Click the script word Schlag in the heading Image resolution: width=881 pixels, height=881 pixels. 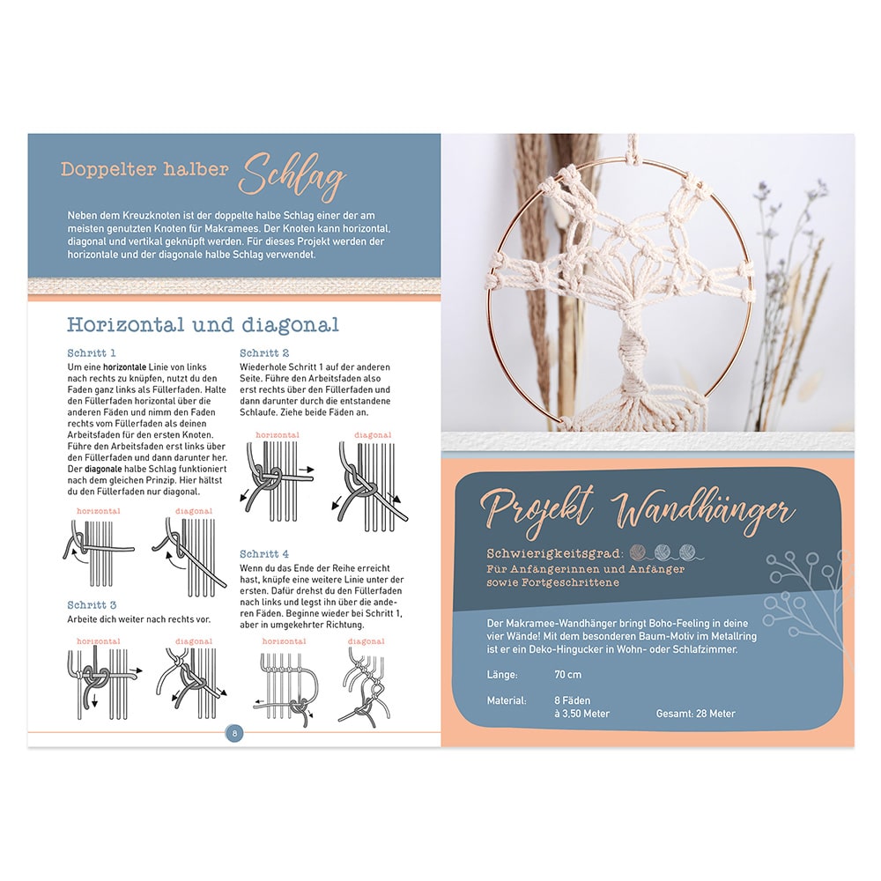pyautogui.click(x=292, y=176)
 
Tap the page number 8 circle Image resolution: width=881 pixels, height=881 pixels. pyautogui.click(x=234, y=733)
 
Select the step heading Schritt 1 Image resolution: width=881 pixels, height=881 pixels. pyautogui.click(x=92, y=353)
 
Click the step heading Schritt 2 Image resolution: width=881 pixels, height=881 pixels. pyautogui.click(x=264, y=353)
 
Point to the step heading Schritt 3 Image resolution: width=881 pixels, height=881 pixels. pyautogui.click(x=92, y=605)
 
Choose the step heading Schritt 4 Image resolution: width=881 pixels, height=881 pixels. pyautogui.click(x=264, y=554)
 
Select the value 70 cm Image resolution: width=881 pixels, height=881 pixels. pyautogui.click(x=567, y=674)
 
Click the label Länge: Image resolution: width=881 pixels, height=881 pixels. pyautogui.click(x=502, y=674)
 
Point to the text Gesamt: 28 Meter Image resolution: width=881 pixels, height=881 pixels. pyautogui.click(x=696, y=714)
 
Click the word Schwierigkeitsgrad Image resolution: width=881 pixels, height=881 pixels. pyautogui.click(x=554, y=554)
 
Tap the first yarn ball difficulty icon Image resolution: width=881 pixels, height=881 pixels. pyautogui.click(x=638, y=552)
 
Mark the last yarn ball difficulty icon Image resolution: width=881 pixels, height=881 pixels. pyautogui.click(x=687, y=552)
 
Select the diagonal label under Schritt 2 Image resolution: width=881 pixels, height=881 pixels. pyautogui.click(x=373, y=435)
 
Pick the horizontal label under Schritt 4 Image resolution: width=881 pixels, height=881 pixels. pyautogui.click(x=284, y=641)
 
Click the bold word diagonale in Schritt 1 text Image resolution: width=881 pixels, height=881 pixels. pyautogui.click(x=103, y=469)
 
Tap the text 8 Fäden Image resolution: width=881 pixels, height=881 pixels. pyautogui.click(x=572, y=700)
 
